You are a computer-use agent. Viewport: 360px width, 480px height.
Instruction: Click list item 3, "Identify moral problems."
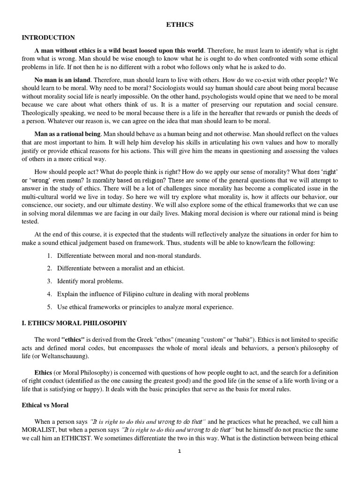90,281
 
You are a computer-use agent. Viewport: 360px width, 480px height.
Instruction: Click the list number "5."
50,307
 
